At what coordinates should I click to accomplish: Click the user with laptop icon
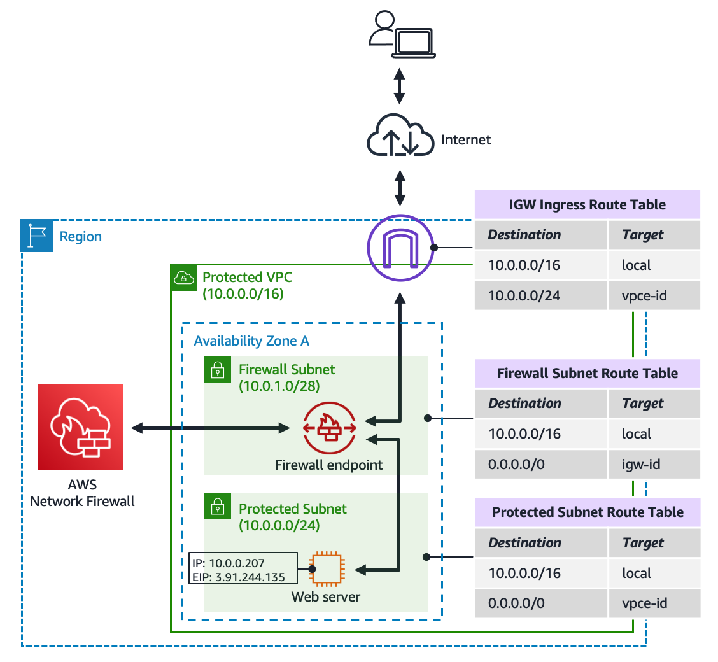click(402, 34)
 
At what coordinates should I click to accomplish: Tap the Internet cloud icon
click(400, 135)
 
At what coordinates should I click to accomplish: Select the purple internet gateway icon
click(400, 248)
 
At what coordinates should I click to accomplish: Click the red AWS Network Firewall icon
click(81, 427)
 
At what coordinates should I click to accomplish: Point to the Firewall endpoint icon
click(330, 428)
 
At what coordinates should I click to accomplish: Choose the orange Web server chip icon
click(327, 569)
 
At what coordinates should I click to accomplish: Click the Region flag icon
click(37, 236)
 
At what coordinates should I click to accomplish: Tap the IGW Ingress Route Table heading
click(587, 204)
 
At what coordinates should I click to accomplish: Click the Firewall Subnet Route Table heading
click(588, 373)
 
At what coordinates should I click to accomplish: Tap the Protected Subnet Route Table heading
click(588, 512)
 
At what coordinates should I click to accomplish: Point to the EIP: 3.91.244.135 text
click(239, 577)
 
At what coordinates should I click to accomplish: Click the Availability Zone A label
click(251, 341)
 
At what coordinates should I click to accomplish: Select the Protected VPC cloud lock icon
click(183, 278)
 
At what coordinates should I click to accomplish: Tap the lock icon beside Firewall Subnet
click(218, 369)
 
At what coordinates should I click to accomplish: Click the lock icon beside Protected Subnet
click(218, 506)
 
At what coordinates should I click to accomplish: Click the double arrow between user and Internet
click(399, 86)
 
